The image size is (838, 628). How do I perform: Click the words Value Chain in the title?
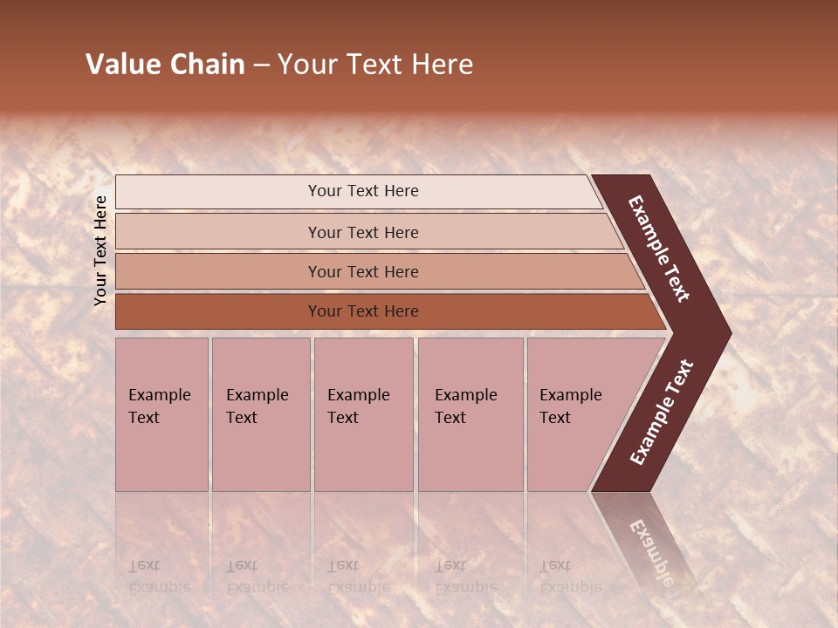pos(165,65)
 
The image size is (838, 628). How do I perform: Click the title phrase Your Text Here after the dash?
pos(375,65)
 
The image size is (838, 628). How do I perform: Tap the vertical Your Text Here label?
pos(100,250)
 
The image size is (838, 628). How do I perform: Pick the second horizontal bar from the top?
pos(362,232)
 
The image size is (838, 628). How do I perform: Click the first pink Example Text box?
pos(161,414)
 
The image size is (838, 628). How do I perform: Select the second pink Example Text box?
pos(260,414)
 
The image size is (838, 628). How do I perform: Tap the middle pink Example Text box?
pos(363,414)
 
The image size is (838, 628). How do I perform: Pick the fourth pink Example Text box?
pos(470,414)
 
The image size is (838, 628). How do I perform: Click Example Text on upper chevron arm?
pos(659,249)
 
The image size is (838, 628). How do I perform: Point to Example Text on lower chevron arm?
pos(662,412)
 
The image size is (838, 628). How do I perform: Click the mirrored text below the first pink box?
pos(159,577)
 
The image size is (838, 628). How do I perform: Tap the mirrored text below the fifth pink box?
pos(570,577)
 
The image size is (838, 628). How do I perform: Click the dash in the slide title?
pos(261,65)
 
